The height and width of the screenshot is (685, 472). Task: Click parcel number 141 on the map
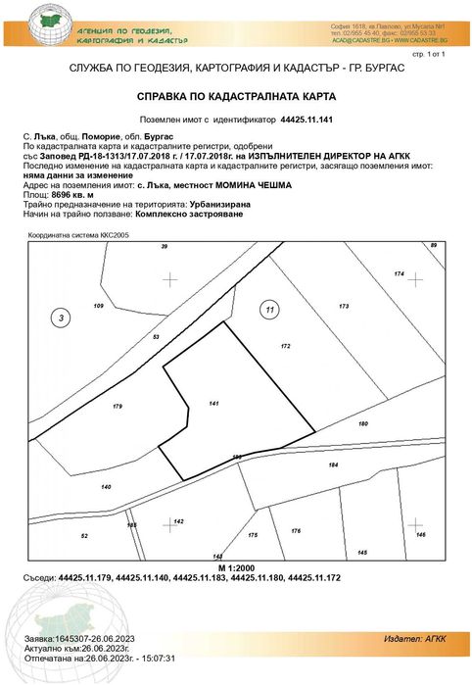[x=214, y=403]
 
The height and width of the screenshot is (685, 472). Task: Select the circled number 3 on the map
[x=62, y=318]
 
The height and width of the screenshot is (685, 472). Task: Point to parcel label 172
[x=286, y=346]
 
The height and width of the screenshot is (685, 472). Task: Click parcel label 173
[x=344, y=307]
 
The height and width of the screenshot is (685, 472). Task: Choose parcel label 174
[x=399, y=272]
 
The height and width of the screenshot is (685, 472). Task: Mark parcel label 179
[x=118, y=406]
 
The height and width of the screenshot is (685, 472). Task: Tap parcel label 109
[x=98, y=307]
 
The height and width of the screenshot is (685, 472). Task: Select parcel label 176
[x=295, y=530]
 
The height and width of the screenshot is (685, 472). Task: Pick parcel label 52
[x=84, y=536]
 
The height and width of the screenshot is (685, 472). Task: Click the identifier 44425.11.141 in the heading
[x=307, y=119]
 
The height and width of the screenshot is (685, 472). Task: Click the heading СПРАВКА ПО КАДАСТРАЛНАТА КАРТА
[x=235, y=97]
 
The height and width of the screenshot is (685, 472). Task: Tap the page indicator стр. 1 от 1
[x=428, y=56]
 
